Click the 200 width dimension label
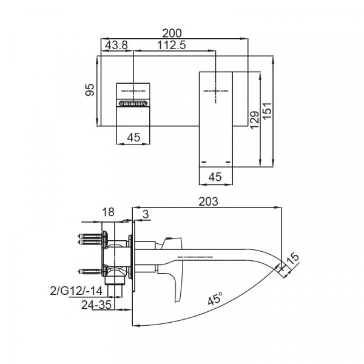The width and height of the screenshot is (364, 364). click(x=172, y=33)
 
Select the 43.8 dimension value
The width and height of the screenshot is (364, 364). click(x=116, y=45)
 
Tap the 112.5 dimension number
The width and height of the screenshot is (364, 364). click(x=172, y=45)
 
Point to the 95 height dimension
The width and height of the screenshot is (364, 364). click(x=90, y=90)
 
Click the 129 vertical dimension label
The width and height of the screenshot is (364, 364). click(x=255, y=120)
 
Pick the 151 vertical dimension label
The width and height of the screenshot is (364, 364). click(x=267, y=110)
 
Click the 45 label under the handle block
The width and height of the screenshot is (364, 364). click(x=133, y=137)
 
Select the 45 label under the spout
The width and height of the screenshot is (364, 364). click(x=215, y=177)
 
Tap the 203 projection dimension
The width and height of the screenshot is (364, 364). click(x=209, y=201)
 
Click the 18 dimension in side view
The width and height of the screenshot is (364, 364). click(x=109, y=212)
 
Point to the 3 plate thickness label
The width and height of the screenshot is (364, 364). click(x=146, y=214)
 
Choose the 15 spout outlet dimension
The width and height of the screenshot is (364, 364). click(x=293, y=258)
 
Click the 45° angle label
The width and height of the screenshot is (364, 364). click(x=215, y=298)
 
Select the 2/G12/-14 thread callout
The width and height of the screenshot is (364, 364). click(x=76, y=291)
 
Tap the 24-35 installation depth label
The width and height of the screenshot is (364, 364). click(x=96, y=305)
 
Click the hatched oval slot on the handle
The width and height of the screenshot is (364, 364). click(x=133, y=103)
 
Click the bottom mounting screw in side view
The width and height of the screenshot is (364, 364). click(x=90, y=271)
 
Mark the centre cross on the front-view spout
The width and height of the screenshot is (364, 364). click(x=216, y=91)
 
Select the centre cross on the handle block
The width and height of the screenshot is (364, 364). click(x=133, y=91)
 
